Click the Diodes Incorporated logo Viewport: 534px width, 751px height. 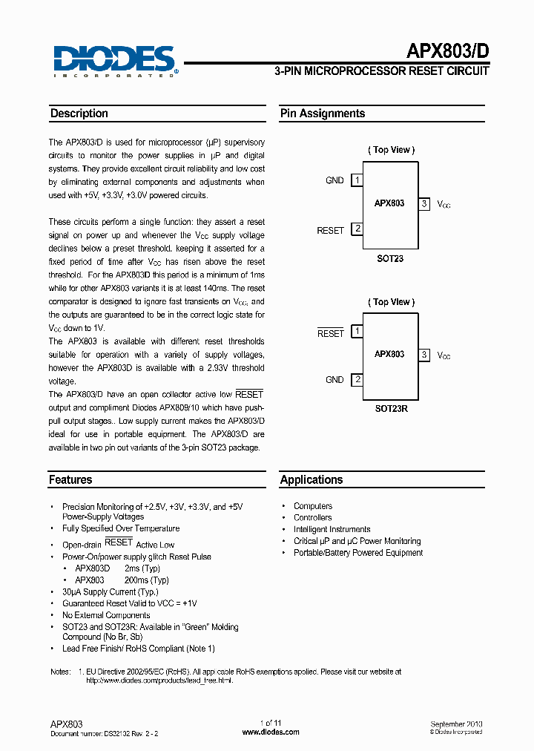(113, 60)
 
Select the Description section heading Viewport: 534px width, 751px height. (79, 114)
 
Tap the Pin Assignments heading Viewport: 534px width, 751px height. (322, 114)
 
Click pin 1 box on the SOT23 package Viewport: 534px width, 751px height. (357, 180)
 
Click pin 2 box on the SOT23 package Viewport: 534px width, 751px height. (357, 229)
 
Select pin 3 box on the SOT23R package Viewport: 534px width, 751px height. (424, 355)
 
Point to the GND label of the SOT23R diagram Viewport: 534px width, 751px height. (334, 380)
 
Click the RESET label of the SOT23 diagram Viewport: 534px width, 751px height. (330, 231)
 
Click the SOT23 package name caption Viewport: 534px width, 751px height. (389, 259)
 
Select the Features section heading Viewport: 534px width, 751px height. (70, 480)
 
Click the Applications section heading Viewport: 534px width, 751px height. (311, 480)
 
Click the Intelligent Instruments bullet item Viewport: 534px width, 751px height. (332, 529)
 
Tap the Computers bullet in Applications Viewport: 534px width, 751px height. (313, 506)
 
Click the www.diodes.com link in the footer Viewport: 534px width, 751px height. (271, 732)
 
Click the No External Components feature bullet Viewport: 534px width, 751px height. (106, 615)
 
